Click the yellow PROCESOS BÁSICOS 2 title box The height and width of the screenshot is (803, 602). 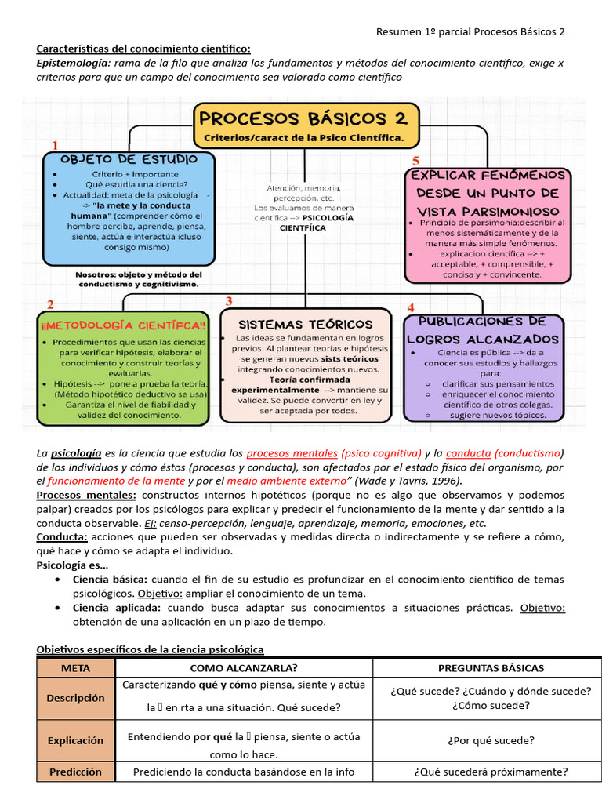click(x=306, y=126)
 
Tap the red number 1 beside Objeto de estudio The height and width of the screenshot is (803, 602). click(x=56, y=145)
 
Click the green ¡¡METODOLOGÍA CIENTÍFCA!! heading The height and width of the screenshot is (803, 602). click(x=122, y=325)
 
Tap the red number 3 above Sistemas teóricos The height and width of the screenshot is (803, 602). click(x=229, y=301)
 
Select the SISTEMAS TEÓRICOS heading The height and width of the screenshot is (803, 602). click(x=305, y=324)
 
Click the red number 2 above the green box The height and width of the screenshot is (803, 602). click(x=50, y=304)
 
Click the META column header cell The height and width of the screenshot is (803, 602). click(x=75, y=668)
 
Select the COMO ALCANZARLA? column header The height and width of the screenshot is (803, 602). click(x=244, y=668)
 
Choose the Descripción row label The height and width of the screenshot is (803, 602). click(x=75, y=697)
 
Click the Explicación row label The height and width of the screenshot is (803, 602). click(x=75, y=739)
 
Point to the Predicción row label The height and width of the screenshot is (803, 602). click(x=75, y=772)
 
